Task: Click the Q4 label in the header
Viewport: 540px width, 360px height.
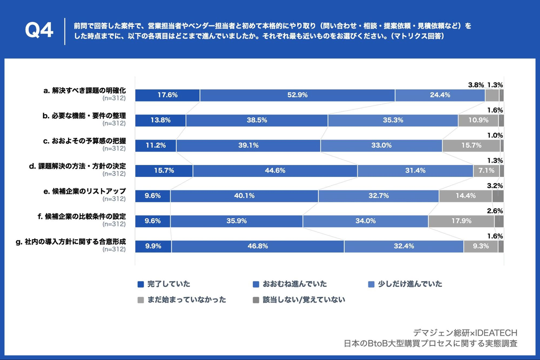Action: click(x=39, y=30)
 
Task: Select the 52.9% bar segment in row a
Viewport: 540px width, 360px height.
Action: click(x=297, y=95)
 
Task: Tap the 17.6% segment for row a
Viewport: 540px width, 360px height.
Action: click(x=167, y=95)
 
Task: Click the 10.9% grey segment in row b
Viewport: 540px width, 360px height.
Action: click(x=478, y=120)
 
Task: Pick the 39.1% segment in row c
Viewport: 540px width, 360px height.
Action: click(x=248, y=145)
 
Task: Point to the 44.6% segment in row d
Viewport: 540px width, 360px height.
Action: click(x=275, y=171)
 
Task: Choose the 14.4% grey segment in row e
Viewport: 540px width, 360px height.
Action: click(x=465, y=196)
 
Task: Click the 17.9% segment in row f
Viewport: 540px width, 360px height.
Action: click(x=461, y=221)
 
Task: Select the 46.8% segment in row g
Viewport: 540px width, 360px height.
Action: click(x=258, y=246)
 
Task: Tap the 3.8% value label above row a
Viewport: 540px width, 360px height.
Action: click(x=476, y=85)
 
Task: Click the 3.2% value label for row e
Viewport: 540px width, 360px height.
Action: click(x=495, y=186)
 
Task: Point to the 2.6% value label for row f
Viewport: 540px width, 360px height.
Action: click(x=495, y=211)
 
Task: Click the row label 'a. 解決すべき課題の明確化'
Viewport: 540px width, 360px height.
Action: click(x=84, y=91)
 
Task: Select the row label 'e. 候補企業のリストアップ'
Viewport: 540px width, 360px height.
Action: click(x=84, y=191)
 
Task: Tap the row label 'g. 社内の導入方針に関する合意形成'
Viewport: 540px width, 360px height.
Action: click(x=71, y=242)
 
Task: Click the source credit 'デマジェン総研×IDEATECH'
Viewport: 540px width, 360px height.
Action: click(x=465, y=333)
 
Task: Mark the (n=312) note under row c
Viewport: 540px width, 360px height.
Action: click(x=114, y=148)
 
